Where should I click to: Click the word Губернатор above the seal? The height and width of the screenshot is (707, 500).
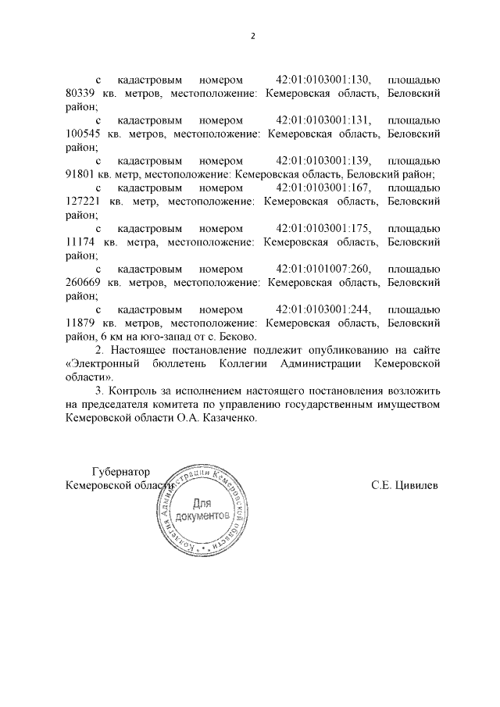coord(120,471)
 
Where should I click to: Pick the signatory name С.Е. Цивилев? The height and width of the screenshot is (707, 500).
coord(405,484)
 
